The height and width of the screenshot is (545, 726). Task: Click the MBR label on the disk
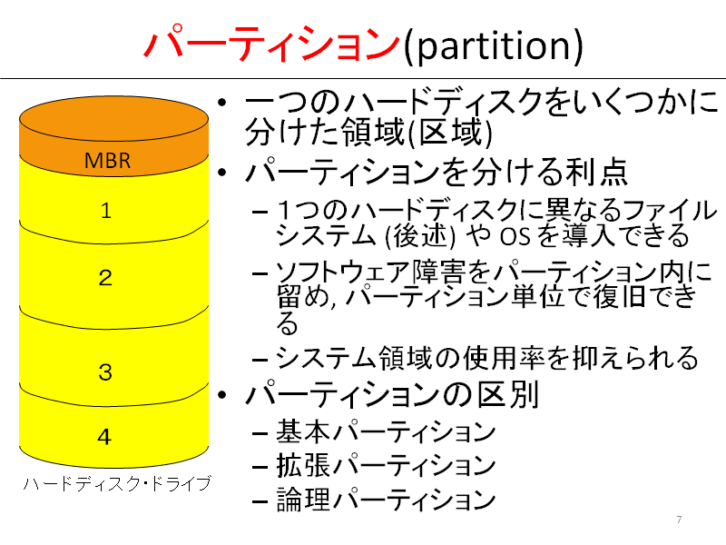[x=107, y=161]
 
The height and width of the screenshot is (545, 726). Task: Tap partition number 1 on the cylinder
[x=106, y=211]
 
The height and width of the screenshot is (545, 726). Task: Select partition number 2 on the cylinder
[x=105, y=278]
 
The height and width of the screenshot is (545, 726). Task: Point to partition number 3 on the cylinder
[x=105, y=372]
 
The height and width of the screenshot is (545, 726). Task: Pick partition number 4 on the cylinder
[x=104, y=437]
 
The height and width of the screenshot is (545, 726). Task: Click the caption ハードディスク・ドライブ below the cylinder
[x=117, y=484]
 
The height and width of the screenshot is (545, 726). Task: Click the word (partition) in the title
[x=494, y=45]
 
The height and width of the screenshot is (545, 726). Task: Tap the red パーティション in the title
[x=272, y=44]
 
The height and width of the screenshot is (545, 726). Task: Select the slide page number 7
[x=679, y=520]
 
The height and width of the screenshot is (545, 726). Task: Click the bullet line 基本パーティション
[x=387, y=431]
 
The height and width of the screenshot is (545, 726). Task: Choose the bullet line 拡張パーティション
[x=387, y=465]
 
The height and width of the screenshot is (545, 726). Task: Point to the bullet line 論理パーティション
[x=387, y=500]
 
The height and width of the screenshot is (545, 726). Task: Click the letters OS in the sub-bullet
[x=515, y=236]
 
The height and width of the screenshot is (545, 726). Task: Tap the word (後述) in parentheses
[x=420, y=236]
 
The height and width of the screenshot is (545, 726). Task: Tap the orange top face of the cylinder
[x=113, y=118]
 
